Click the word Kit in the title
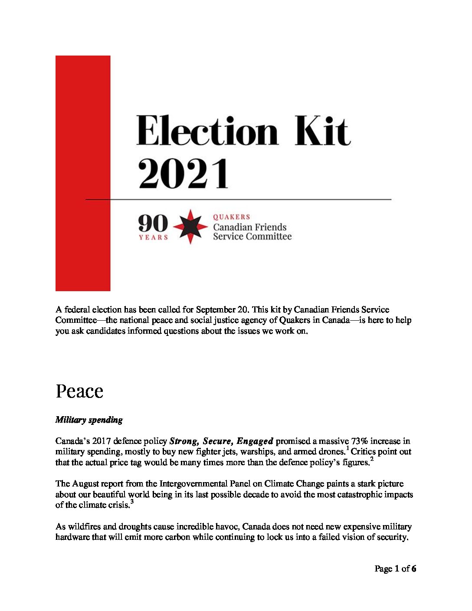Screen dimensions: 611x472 click(x=322, y=131)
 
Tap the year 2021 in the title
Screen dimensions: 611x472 click(x=183, y=173)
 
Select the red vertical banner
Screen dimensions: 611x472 click(x=83, y=173)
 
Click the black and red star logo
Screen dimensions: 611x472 click(x=190, y=226)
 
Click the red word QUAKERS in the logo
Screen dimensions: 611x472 click(x=232, y=217)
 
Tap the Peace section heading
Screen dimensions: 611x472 click(x=79, y=391)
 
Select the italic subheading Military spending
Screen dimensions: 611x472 click(x=89, y=420)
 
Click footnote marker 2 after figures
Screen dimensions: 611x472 click(x=372, y=459)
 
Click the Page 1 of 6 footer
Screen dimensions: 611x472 click(x=395, y=568)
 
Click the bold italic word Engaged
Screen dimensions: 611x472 click(x=255, y=441)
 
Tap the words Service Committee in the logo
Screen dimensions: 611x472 click(x=252, y=237)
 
